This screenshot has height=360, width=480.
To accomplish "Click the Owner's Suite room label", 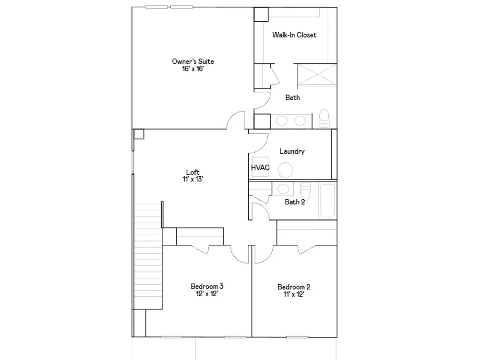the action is click(193, 61).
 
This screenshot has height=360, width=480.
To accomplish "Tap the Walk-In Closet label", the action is click(294, 35).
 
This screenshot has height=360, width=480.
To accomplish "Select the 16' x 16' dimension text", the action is click(193, 69).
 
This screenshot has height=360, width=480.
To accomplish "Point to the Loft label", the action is click(193, 172).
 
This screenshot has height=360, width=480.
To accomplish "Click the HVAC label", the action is click(260, 168).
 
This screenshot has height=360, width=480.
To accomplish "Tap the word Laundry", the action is click(292, 151).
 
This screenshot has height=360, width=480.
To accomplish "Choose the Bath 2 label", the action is click(295, 202).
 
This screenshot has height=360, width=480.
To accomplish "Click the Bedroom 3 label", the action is click(207, 287).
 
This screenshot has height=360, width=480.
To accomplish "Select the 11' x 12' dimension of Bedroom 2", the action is click(294, 295).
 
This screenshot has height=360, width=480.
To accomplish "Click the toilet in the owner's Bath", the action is click(324, 118).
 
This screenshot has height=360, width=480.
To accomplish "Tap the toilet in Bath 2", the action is click(305, 191).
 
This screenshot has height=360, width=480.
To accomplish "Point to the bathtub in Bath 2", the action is click(327, 201).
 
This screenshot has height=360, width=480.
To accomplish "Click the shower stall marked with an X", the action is click(317, 74).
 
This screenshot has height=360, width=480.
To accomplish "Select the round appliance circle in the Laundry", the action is click(285, 169).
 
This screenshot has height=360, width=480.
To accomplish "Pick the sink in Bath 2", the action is click(283, 189).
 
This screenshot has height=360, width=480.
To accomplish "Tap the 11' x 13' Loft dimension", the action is click(193, 180).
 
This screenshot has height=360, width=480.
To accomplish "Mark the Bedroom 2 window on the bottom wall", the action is click(297, 337).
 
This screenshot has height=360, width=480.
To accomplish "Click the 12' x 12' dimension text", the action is click(207, 294).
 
